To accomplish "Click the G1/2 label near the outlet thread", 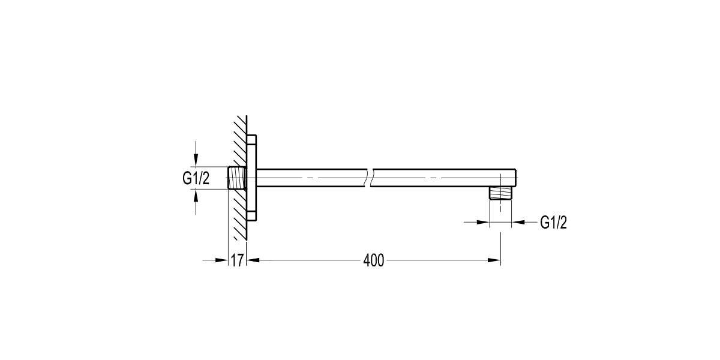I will (553, 223).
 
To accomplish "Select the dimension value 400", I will (373, 260).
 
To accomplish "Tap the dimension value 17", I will (238, 260).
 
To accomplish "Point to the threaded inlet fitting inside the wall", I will (237, 178).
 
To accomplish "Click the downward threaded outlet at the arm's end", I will (500, 193).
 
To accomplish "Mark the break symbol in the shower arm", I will (370, 178).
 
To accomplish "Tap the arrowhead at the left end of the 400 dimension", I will (253, 260).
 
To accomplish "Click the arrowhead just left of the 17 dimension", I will (223, 260).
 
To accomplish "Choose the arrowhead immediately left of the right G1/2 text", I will (518, 223).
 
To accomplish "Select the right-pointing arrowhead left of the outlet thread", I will (483, 223).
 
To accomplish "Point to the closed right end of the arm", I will (514, 178).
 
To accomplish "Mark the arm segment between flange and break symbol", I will (312, 178).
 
